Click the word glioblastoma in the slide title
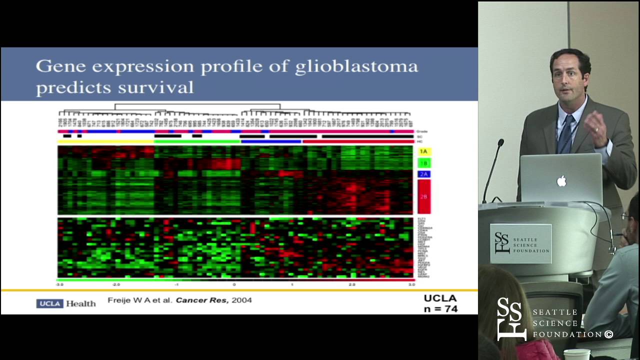(x=356, y=67)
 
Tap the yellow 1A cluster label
(x=423, y=151)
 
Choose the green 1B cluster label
(x=423, y=163)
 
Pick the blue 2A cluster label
(x=423, y=174)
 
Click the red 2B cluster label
(x=423, y=196)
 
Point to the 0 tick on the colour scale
(x=234, y=284)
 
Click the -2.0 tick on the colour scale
(x=116, y=284)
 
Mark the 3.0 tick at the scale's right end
(x=411, y=284)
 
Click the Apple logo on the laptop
(x=561, y=180)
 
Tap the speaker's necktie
(x=566, y=135)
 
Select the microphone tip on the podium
(x=500, y=143)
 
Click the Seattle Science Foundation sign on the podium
(x=520, y=243)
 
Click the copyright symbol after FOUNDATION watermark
(x=608, y=334)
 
